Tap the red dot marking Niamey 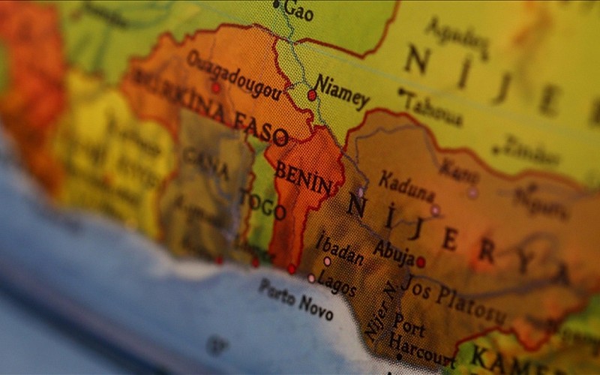[x=312, y=95]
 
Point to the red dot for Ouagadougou [x=216, y=88]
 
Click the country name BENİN [x=302, y=176]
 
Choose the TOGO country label [x=262, y=204]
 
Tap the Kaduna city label [x=406, y=187]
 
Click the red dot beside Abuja [x=421, y=262]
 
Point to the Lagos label [x=337, y=283]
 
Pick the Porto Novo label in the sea [x=295, y=298]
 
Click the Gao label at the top [x=298, y=11]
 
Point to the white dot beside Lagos [x=311, y=277]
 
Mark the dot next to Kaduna [x=435, y=210]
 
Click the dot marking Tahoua [x=401, y=91]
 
